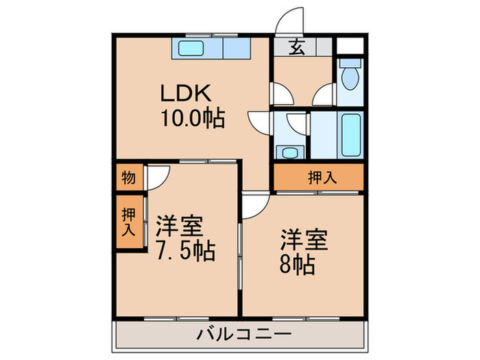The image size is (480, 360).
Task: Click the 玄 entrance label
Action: coord(296,47)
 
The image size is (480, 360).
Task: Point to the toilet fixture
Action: coord(350,77)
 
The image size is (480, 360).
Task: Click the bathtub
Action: coord(349,135)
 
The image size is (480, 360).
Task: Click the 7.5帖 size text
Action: coord(185,251)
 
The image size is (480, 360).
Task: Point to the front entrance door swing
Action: coord(290,19)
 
